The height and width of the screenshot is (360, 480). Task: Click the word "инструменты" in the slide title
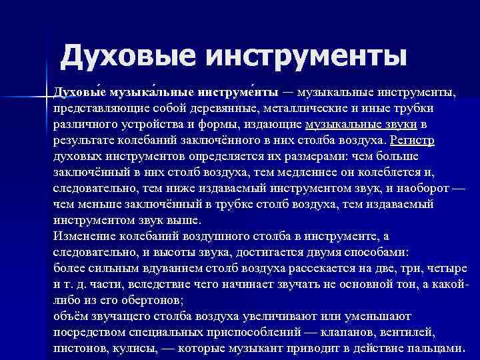coord(307,55)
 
